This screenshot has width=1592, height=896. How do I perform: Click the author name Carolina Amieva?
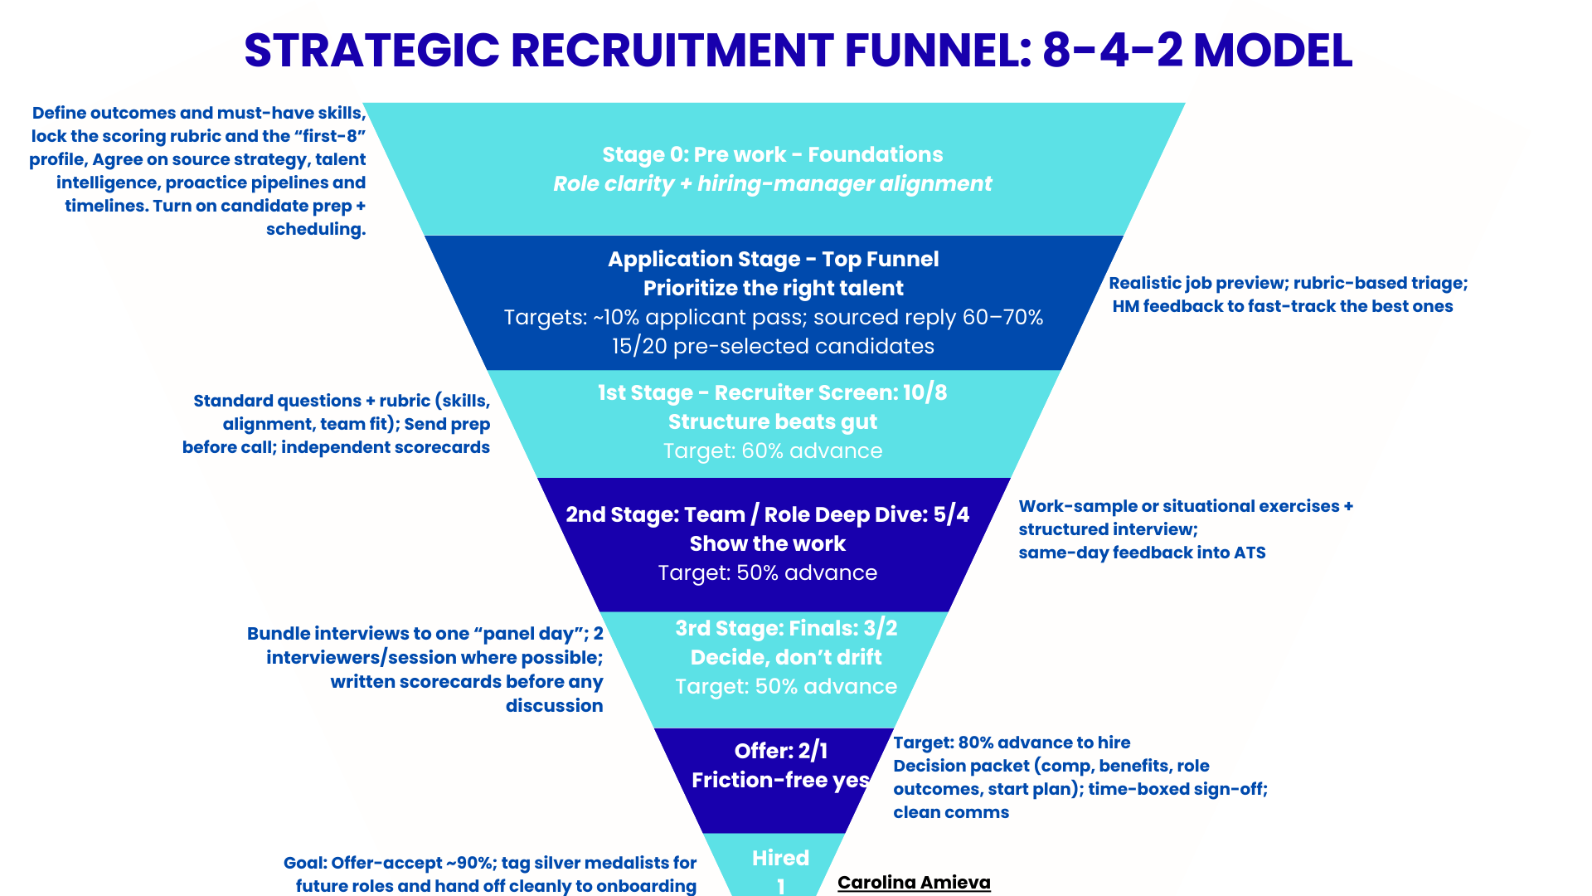click(913, 882)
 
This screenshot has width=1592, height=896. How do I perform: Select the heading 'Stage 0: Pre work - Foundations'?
click(772, 154)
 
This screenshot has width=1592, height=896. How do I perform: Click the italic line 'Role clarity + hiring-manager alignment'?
click(772, 183)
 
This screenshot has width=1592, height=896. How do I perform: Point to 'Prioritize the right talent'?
click(773, 288)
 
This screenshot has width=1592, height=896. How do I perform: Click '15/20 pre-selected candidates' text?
click(773, 346)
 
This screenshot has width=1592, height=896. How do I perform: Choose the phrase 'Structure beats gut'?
click(772, 421)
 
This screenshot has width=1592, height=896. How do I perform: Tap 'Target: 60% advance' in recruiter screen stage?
click(772, 450)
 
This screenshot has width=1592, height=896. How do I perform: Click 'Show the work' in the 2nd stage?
click(767, 543)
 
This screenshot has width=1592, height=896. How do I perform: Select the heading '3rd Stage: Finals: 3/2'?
click(785, 628)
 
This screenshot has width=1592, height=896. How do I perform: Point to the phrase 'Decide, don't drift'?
click(785, 657)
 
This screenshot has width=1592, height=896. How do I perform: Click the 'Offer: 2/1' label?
click(780, 751)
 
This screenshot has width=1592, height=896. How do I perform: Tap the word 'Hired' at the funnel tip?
click(779, 858)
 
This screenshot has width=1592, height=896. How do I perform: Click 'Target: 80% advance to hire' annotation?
click(1011, 743)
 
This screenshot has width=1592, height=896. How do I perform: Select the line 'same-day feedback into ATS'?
click(1141, 553)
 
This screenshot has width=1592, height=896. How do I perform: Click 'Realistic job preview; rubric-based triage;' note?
click(1288, 283)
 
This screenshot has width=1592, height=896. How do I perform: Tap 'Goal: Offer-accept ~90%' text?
click(388, 863)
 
